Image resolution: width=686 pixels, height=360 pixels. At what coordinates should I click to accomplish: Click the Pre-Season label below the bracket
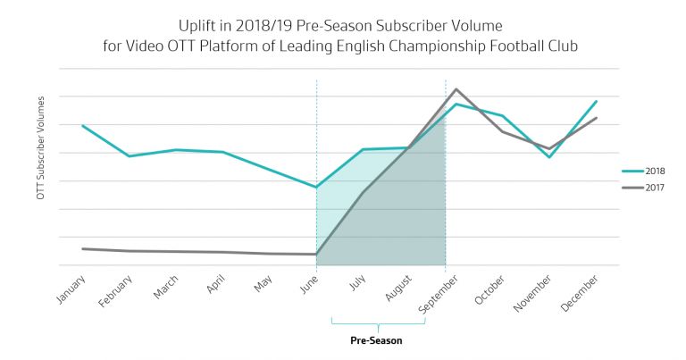375,341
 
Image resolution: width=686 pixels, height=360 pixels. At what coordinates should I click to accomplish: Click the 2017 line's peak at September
456,89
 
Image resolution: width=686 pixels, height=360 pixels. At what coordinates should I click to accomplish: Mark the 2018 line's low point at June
316,188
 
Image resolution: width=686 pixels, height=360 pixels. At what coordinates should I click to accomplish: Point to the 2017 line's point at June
316,255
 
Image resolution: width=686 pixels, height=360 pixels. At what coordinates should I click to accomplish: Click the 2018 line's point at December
596,101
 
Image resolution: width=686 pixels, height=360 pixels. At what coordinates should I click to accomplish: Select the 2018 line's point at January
82,125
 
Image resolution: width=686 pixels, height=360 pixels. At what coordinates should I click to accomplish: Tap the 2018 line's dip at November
549,157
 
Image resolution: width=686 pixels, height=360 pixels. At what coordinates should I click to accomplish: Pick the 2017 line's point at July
363,192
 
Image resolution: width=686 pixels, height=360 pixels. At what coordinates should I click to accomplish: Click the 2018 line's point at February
130,156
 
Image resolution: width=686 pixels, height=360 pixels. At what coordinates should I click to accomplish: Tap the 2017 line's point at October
503,132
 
